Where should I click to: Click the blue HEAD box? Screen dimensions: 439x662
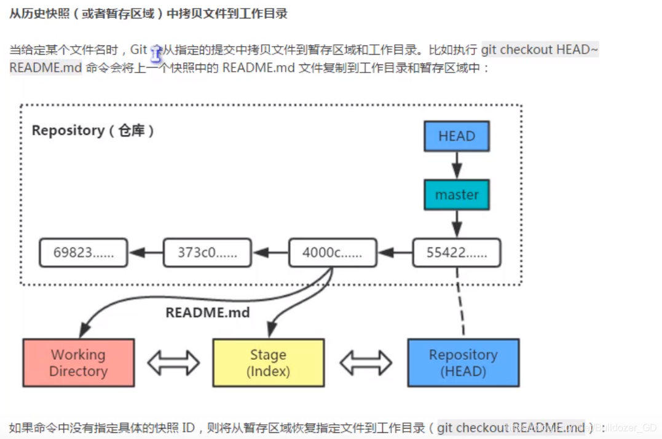point(457,136)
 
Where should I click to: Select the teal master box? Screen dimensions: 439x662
point(457,195)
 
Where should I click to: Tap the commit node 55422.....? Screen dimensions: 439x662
point(456,252)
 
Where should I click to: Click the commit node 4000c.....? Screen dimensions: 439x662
point(332,252)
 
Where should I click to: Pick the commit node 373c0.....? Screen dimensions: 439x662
point(207,252)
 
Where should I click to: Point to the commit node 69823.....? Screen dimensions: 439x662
point(84,252)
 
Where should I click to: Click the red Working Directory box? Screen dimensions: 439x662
point(78,363)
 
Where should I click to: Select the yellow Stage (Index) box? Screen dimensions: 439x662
point(268,363)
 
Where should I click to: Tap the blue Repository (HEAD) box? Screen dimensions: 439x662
point(463,363)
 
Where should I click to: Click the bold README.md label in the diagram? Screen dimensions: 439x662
point(208,313)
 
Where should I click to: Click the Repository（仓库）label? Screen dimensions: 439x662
point(93,131)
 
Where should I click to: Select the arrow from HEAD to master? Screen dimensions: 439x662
point(457,165)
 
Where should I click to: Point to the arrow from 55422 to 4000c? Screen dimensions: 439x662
point(395,252)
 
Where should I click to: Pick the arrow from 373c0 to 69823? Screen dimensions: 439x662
point(145,252)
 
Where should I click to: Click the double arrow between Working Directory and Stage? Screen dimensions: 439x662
point(173,362)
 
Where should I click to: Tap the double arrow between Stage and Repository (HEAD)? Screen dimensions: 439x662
point(366,362)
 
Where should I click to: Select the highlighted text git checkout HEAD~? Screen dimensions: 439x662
point(539,50)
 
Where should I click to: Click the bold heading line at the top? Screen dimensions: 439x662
point(148,14)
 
